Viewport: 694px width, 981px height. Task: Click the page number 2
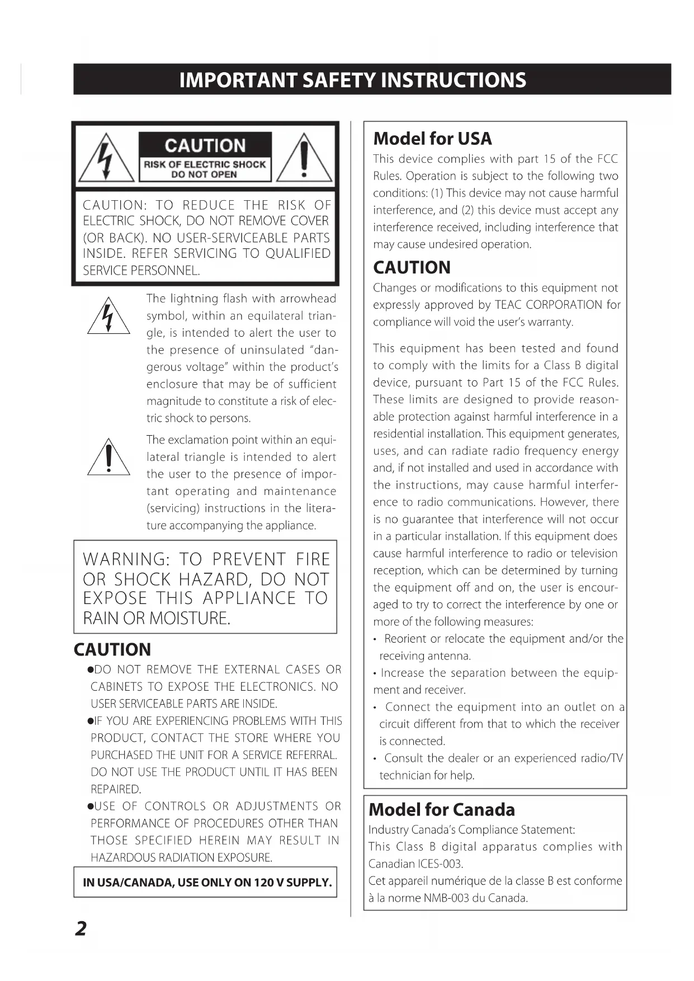tap(82, 928)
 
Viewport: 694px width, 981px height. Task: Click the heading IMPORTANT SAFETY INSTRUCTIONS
tap(353, 80)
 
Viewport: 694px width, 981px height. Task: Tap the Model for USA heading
tap(432, 139)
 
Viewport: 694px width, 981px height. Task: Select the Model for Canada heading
tap(442, 809)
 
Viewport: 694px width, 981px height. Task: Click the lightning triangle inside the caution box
tap(106, 159)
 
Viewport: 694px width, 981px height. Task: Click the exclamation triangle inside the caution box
tap(304, 159)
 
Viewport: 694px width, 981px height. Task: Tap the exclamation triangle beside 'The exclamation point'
tap(108, 458)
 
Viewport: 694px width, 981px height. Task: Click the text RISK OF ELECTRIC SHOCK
tap(205, 164)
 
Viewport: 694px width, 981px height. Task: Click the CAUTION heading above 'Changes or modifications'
tap(412, 267)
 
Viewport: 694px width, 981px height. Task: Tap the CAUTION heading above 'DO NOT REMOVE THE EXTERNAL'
tap(112, 649)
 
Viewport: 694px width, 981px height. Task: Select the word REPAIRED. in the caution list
tap(116, 789)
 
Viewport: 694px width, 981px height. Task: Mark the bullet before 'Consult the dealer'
tap(376, 758)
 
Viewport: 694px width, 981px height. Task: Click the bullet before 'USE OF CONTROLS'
tap(90, 807)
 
